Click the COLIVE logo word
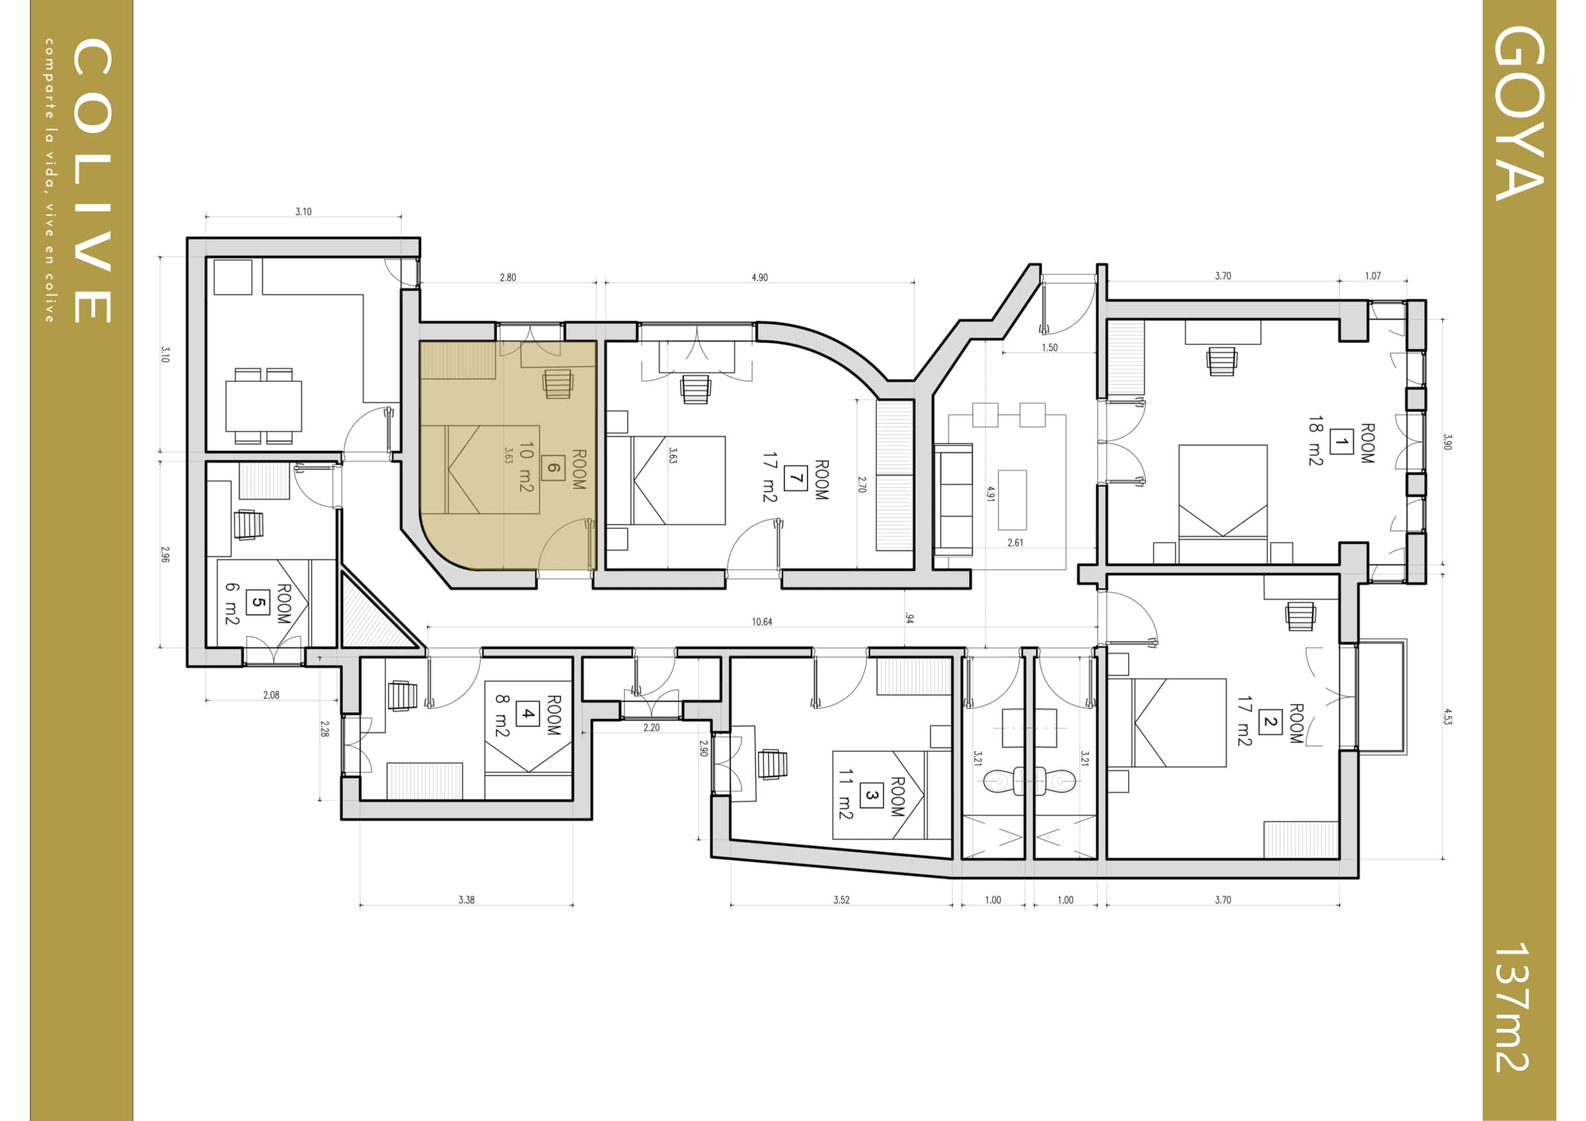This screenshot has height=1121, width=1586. [91, 181]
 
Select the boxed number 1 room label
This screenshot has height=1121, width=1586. [1341, 442]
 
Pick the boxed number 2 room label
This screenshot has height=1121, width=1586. [1269, 722]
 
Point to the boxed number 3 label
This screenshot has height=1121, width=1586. [871, 796]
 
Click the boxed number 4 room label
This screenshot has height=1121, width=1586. [528, 713]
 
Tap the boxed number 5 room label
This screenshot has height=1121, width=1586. [258, 602]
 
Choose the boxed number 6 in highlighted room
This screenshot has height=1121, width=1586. [553, 467]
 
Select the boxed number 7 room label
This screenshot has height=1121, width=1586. [796, 478]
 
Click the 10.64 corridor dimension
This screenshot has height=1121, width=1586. [762, 621]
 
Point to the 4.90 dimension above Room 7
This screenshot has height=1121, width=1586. [759, 278]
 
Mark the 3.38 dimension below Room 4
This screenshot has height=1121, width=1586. [467, 900]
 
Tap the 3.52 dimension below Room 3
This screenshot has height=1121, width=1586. [841, 900]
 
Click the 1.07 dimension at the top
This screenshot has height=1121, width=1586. [1373, 276]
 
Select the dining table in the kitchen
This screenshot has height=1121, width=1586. [263, 406]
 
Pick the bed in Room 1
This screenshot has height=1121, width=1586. [1223, 503]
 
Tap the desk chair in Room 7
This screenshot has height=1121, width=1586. [695, 389]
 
